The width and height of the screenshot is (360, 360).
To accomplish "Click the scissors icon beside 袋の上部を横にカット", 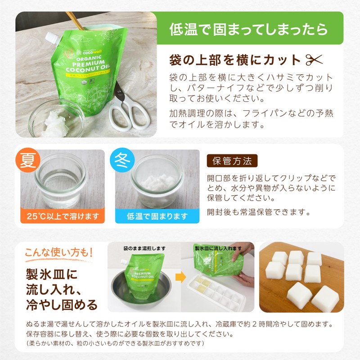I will [x=315, y=59].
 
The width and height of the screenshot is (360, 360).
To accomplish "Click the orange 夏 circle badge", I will [x=28, y=161].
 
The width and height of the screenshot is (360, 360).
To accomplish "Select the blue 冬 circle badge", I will [x=123, y=161].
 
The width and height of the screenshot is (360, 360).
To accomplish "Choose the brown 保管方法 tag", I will [x=232, y=161].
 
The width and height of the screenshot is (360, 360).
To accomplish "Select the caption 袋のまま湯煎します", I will [x=144, y=248].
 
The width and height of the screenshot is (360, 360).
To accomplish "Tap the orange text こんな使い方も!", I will [x=58, y=252].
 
